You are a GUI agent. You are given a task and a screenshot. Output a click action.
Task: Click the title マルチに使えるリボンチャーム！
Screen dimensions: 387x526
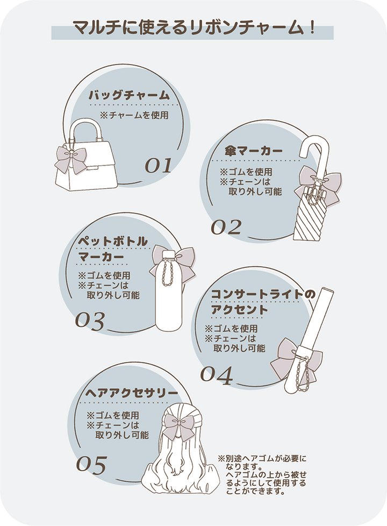click(193, 27)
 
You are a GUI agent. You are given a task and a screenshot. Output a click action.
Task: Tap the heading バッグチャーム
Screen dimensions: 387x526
click(130, 95)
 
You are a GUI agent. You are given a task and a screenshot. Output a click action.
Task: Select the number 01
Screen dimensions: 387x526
click(158, 165)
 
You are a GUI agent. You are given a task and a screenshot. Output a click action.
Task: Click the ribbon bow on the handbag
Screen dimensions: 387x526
click(71, 159)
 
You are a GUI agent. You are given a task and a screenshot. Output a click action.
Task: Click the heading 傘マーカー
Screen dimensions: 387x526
click(254, 151)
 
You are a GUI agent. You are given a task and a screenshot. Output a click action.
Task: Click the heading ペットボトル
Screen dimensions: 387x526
click(113, 241)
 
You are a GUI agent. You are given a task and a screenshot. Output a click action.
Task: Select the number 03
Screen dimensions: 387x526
click(90, 321)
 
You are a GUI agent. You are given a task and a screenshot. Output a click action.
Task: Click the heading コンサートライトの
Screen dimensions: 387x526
click(263, 295)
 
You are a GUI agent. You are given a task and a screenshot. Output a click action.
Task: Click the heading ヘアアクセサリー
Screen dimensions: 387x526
click(132, 393)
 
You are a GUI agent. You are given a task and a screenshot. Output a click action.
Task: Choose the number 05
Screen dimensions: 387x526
click(91, 465)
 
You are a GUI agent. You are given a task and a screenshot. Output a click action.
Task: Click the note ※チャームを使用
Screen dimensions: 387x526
click(134, 116)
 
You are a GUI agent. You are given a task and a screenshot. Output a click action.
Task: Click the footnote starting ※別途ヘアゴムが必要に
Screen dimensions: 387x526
click(262, 475)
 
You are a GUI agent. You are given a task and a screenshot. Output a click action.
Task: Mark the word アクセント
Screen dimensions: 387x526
click(239, 310)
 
